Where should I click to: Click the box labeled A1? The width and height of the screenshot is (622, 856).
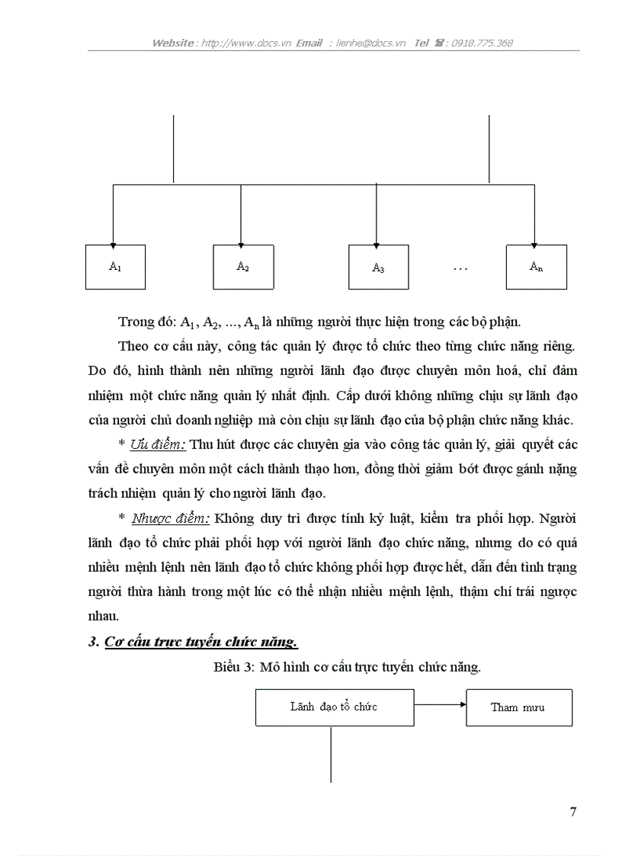115,267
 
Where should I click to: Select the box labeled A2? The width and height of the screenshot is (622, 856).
243,267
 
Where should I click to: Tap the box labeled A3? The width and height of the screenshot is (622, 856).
378,267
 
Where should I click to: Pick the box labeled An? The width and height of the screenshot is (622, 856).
537,267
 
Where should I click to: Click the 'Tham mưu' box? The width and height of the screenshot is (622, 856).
518,707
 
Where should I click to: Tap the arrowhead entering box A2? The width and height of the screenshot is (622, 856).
241,242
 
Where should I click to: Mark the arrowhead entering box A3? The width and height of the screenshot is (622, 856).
377,242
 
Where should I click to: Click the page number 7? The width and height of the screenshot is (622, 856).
573,811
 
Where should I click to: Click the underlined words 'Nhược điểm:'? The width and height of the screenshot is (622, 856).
171,519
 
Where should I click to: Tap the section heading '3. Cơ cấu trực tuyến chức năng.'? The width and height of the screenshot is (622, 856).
199,642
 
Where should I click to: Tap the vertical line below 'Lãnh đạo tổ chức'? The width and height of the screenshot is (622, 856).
332,755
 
